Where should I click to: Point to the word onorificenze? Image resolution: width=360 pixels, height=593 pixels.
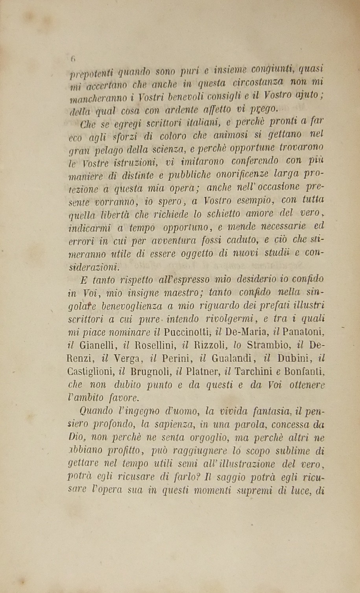coord(241,174)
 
